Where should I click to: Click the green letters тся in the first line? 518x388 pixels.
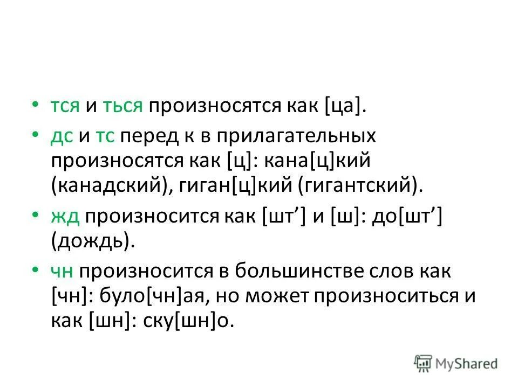(66, 106)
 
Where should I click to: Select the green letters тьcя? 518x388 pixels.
(122, 106)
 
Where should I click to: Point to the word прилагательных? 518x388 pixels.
(296, 136)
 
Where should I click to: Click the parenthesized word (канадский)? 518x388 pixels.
(108, 185)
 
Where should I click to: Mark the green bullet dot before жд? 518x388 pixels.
(35, 216)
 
